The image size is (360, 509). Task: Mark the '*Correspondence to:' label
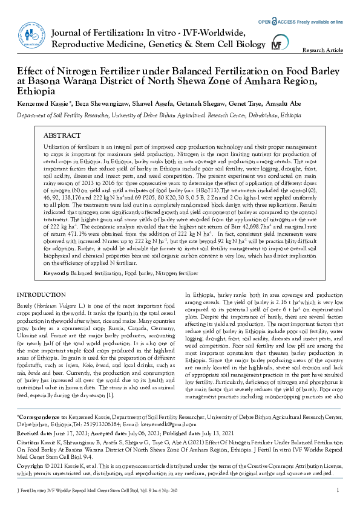point(42,417)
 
